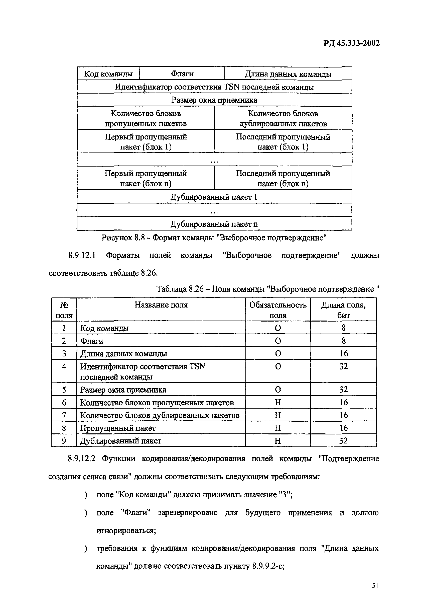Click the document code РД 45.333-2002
click(x=351, y=43)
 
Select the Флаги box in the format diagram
click(x=182, y=73)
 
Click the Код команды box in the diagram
click(x=108, y=73)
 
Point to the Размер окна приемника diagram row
click(x=214, y=100)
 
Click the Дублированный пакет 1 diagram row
click(x=214, y=197)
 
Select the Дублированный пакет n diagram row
click(x=214, y=224)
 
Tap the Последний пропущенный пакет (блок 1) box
click(x=283, y=142)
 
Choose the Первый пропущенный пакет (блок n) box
click(x=146, y=178)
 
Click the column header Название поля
click(x=161, y=305)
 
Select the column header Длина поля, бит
click(x=343, y=310)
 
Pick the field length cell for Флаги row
click(x=343, y=340)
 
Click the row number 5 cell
click(x=64, y=390)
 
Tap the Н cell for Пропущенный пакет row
click(x=277, y=428)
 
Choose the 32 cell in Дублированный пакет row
click(x=343, y=441)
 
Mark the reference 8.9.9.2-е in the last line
click(x=268, y=566)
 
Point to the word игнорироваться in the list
click(x=126, y=530)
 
